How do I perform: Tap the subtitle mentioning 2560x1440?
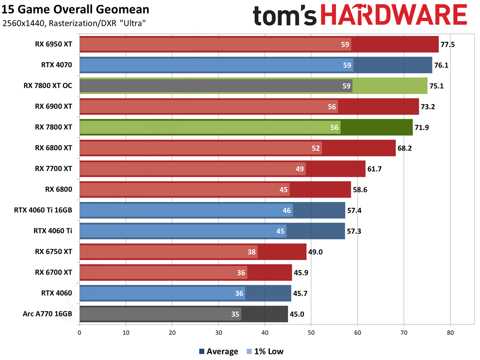click(x=74, y=24)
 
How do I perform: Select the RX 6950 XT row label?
click(x=53, y=44)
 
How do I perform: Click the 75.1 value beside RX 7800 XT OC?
click(x=437, y=86)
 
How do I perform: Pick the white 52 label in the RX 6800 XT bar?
click(x=316, y=148)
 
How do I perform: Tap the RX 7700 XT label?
click(x=53, y=169)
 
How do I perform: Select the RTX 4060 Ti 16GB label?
click(x=43, y=210)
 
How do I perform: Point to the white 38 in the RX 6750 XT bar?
click(x=252, y=252)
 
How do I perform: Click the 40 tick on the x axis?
click(x=265, y=332)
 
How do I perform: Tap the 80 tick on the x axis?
click(x=450, y=332)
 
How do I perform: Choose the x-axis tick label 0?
click(x=80, y=332)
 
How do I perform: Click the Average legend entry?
click(x=218, y=352)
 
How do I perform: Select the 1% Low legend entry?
click(x=264, y=352)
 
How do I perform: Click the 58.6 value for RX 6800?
click(x=360, y=190)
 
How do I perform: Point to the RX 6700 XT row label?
click(x=53, y=272)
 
